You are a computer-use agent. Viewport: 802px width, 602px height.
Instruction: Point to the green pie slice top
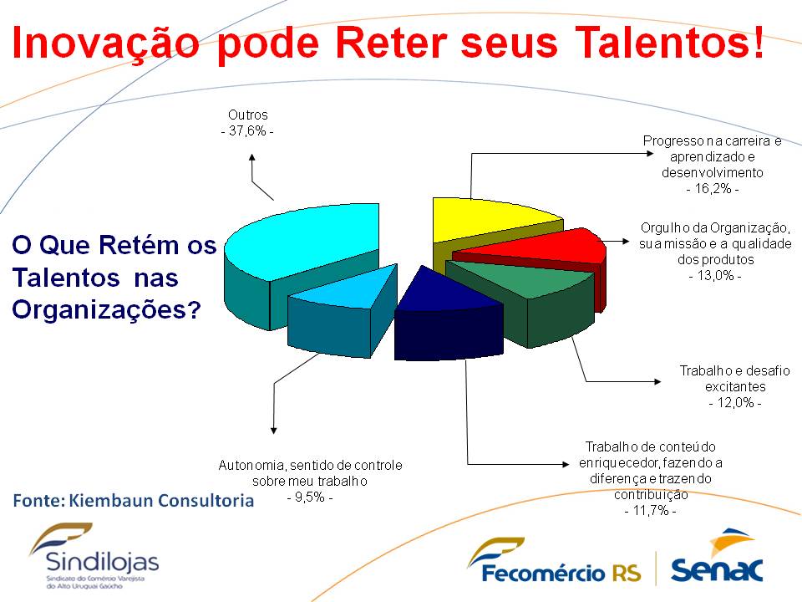tap(521, 279)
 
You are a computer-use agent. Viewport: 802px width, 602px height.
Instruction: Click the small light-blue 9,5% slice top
tap(348, 289)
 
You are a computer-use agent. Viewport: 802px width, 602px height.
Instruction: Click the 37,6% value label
tap(247, 131)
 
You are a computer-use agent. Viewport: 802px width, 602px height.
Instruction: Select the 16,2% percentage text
tap(712, 188)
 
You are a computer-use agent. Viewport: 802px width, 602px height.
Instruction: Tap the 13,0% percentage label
tap(715, 275)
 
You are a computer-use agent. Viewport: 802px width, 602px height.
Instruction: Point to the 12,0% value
tap(735, 402)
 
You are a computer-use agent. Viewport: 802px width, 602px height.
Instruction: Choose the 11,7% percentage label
tap(651, 510)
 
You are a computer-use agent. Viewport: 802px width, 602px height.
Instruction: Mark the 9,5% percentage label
tap(310, 497)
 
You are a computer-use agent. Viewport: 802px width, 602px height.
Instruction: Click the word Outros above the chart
tap(248, 115)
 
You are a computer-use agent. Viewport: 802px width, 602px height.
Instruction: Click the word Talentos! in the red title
tap(669, 43)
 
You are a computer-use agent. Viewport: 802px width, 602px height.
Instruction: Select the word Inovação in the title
tap(106, 43)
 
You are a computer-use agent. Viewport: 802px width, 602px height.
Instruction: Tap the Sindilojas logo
tap(94, 556)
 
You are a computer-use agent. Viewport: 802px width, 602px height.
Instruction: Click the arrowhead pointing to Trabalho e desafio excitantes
tap(657, 381)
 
